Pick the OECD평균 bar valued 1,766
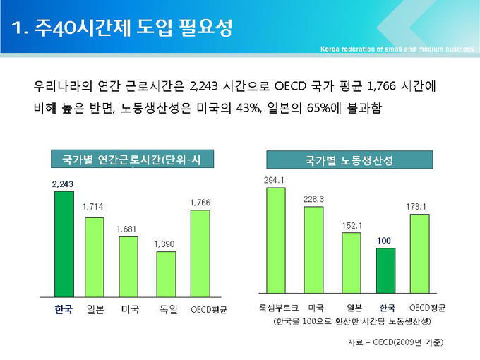tap(200, 253)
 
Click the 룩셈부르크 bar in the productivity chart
tap(276, 241)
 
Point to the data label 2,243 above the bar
tap(63, 184)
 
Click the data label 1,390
tap(164, 244)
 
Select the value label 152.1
tap(352, 225)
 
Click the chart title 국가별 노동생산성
tap(349, 160)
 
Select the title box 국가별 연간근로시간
tap(132, 160)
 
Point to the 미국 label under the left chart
tap(130, 309)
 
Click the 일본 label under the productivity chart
tap(354, 308)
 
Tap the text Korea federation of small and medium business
tap(396, 49)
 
